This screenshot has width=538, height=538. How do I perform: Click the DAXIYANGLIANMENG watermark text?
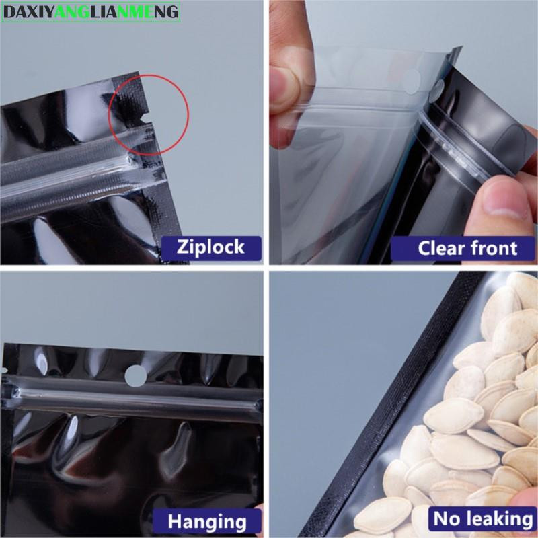[x=91, y=13]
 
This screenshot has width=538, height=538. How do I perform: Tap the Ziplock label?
[x=211, y=247]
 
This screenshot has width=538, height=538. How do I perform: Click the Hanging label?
[x=207, y=521]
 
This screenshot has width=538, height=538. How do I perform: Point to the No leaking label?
[x=482, y=518]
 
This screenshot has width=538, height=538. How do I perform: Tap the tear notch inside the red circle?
[x=146, y=119]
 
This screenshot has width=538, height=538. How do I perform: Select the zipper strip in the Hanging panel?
[x=134, y=399]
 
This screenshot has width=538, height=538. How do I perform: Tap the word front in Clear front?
[x=493, y=248]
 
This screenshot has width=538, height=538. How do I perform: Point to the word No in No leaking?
[x=445, y=518]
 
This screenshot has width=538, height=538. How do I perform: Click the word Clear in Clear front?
[x=440, y=248]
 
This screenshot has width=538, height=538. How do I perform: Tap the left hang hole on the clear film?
[x=412, y=83]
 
